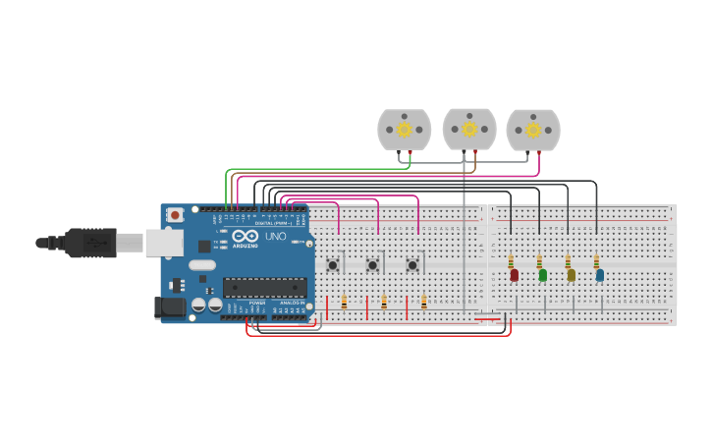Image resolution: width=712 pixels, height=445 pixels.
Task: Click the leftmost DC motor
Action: point(404,129)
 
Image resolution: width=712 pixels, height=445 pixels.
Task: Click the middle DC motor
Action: point(469,129)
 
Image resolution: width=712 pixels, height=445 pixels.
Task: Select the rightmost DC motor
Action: point(533,130)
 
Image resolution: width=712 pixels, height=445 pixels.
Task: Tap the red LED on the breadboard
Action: point(514,275)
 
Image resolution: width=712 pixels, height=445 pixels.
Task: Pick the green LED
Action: point(542,275)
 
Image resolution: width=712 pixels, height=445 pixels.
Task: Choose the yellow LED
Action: point(571,275)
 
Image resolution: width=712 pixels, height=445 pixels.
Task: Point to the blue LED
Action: point(599,275)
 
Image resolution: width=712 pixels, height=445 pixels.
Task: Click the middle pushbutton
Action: point(372,265)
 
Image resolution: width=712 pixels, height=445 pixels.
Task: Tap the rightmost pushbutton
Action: point(412,265)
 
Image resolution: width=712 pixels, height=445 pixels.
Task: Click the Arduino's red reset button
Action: point(175,214)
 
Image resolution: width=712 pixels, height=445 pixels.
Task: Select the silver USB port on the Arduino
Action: point(164,243)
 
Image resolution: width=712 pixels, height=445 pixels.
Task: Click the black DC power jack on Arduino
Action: point(170,307)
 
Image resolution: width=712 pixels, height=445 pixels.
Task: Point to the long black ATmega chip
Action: point(264,287)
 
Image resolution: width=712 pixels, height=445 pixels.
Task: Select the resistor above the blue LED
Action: point(596,261)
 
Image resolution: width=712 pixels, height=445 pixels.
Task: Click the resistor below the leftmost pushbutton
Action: point(344,303)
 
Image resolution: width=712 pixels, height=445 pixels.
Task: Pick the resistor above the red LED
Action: point(511,261)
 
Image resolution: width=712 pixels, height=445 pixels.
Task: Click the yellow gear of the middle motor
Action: point(469,129)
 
